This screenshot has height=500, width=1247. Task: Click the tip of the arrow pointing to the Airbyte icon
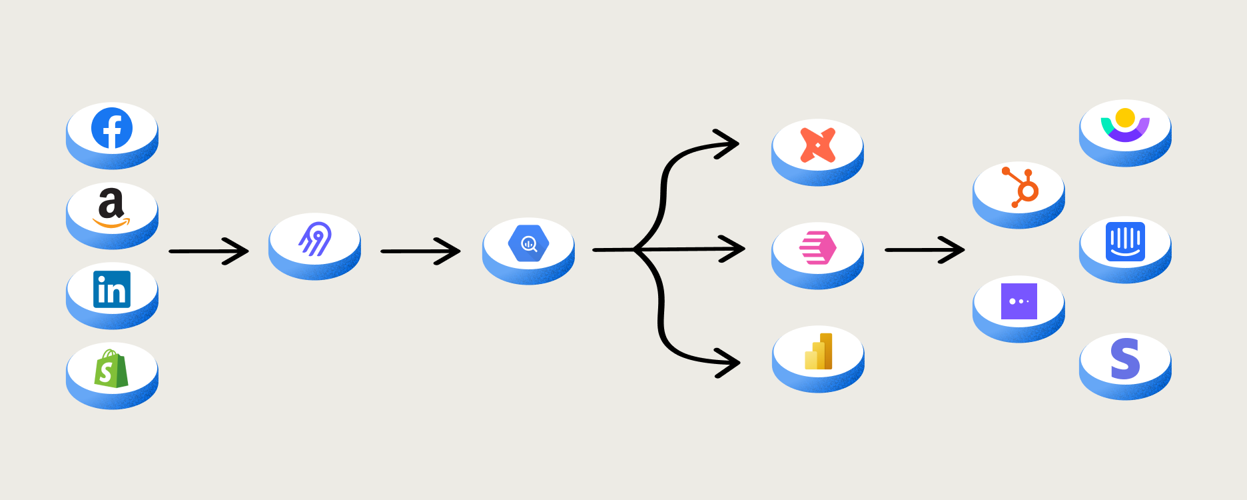[248, 251]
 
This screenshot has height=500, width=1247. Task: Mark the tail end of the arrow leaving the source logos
[171, 251]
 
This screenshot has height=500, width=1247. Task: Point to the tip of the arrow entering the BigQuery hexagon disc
[460, 251]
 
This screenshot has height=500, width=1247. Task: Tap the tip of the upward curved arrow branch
[738, 143]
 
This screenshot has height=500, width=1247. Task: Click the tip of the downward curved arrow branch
[739, 363]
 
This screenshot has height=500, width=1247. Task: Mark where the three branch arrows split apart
[635, 250]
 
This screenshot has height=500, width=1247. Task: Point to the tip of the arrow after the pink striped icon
[963, 250]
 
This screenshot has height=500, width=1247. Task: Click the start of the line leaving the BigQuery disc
[594, 250]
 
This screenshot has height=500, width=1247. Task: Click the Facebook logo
[112, 128]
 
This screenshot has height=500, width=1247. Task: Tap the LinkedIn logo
[112, 289]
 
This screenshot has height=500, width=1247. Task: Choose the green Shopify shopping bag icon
[111, 369]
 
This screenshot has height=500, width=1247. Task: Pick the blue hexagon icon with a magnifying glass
[528, 244]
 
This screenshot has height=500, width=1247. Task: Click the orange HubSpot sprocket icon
[1021, 187]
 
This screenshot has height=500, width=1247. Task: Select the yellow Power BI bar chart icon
[819, 351]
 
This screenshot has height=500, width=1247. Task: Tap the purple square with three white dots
[1019, 301]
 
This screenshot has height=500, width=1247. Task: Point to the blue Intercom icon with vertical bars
[1126, 241]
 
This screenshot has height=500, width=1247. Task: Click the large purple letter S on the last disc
[1125, 359]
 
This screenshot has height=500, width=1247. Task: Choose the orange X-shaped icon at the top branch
[818, 145]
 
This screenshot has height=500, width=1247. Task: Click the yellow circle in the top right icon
[1125, 117]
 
